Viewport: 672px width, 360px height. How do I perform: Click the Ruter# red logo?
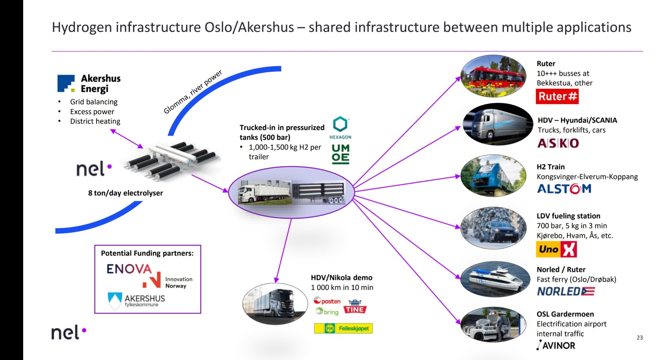coord(557,96)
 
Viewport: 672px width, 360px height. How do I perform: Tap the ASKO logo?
coord(558,143)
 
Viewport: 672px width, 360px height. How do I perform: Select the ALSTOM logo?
coord(564,189)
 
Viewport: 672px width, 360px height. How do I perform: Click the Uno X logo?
coord(556,249)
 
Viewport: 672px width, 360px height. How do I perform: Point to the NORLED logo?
coord(566,291)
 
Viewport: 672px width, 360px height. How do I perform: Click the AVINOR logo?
coord(556,345)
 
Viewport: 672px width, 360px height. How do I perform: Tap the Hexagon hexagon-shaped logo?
coord(340,125)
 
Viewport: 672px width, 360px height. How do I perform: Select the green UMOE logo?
coord(341,154)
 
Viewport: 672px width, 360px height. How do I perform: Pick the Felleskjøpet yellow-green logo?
coord(343,328)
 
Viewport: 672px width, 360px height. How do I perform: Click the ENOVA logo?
coord(129,269)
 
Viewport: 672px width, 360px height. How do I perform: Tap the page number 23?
coord(639,337)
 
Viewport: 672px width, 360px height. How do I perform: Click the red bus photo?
coord(493,77)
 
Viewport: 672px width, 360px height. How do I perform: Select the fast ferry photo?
coord(494,279)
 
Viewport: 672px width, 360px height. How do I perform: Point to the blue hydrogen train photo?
coord(493,176)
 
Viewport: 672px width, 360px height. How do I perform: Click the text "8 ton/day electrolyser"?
coord(125,193)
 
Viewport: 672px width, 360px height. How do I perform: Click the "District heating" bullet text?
coord(95,121)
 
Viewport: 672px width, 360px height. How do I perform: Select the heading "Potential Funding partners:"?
coord(147,253)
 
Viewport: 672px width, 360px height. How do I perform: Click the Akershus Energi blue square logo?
coord(66,83)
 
